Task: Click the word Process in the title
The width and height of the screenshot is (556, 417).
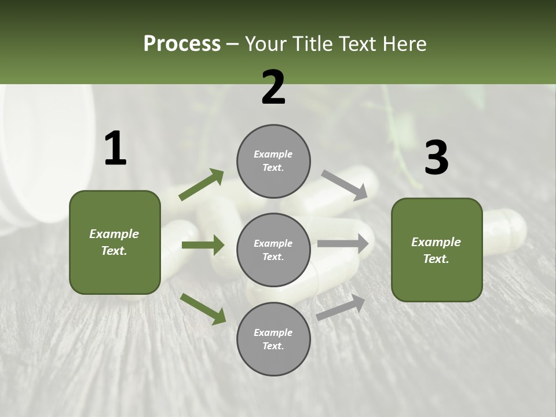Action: (x=182, y=43)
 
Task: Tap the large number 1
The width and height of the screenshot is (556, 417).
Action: (x=115, y=148)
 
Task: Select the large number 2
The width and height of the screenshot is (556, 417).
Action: (x=273, y=87)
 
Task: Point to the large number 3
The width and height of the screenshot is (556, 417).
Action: (x=437, y=158)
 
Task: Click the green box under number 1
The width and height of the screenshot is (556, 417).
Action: (x=115, y=242)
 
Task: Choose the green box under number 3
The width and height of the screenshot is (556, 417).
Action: (x=437, y=250)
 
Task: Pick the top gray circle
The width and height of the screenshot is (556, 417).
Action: (x=273, y=161)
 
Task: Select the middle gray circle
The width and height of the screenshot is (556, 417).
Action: (x=273, y=250)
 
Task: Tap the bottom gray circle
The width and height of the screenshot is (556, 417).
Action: (x=273, y=339)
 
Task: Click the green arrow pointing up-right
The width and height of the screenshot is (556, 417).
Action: (x=202, y=185)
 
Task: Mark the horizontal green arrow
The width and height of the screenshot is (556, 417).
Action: (x=203, y=245)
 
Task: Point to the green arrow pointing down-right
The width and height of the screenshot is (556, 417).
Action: (x=203, y=308)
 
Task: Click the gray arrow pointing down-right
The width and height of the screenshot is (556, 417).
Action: (x=344, y=185)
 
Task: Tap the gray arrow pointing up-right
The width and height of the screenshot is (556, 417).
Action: (x=341, y=307)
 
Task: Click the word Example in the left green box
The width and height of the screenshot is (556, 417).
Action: (x=114, y=234)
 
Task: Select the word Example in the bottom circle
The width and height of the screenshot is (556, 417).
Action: (x=273, y=332)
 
